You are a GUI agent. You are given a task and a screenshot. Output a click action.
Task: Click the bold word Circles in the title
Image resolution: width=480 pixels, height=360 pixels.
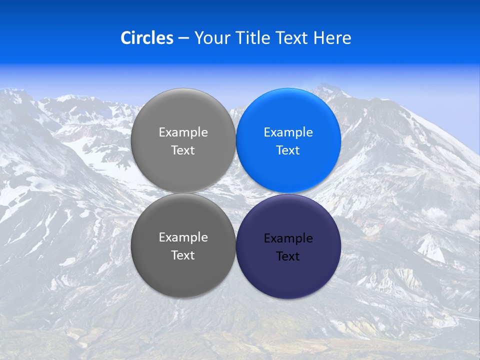[x=147, y=38]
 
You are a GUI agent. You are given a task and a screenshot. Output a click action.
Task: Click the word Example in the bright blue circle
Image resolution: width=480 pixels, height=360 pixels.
[x=288, y=132]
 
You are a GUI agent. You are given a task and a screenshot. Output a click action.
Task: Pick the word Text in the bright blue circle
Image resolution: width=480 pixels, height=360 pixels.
[x=288, y=150]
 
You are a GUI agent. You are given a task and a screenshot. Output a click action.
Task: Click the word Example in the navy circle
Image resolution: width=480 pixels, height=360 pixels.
[x=288, y=238]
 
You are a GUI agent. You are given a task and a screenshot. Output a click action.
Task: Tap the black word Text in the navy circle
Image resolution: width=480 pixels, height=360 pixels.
[x=288, y=256]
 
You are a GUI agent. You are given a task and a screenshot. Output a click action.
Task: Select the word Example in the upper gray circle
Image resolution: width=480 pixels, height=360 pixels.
[x=183, y=132]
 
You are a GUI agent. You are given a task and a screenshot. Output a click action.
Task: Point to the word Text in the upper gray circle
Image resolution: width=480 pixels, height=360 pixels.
[x=183, y=150]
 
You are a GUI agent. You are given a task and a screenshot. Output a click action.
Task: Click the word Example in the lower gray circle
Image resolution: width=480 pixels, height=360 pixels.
[x=183, y=237]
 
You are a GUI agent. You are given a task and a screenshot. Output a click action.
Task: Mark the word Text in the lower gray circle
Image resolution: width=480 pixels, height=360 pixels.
[x=183, y=255]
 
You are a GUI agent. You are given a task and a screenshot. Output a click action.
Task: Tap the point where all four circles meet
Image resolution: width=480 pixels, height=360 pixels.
[x=236, y=193]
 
